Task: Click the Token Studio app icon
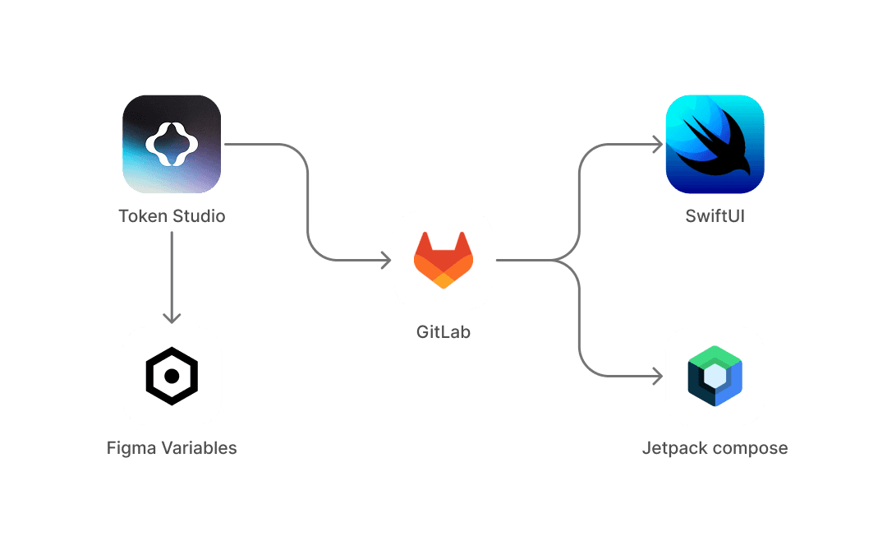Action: click(x=172, y=144)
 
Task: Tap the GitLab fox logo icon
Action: click(x=443, y=260)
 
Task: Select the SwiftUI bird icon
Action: click(x=715, y=144)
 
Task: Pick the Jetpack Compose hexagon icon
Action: click(x=715, y=376)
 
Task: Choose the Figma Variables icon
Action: click(x=172, y=376)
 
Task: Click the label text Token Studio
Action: click(x=172, y=216)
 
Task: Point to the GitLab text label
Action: click(x=443, y=333)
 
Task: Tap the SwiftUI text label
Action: click(x=715, y=216)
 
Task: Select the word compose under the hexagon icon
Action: click(x=750, y=449)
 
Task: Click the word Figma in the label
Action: click(x=131, y=448)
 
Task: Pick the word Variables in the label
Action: click(x=198, y=448)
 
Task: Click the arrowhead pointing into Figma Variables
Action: click(x=172, y=318)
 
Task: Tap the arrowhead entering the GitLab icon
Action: click(x=385, y=260)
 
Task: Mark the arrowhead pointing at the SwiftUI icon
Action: click(x=657, y=145)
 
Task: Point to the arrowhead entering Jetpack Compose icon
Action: click(x=657, y=377)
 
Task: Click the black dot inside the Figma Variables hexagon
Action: click(x=172, y=376)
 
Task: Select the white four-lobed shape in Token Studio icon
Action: click(x=172, y=144)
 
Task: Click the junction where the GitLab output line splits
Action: click(x=558, y=260)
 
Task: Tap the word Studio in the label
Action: click(x=198, y=216)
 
